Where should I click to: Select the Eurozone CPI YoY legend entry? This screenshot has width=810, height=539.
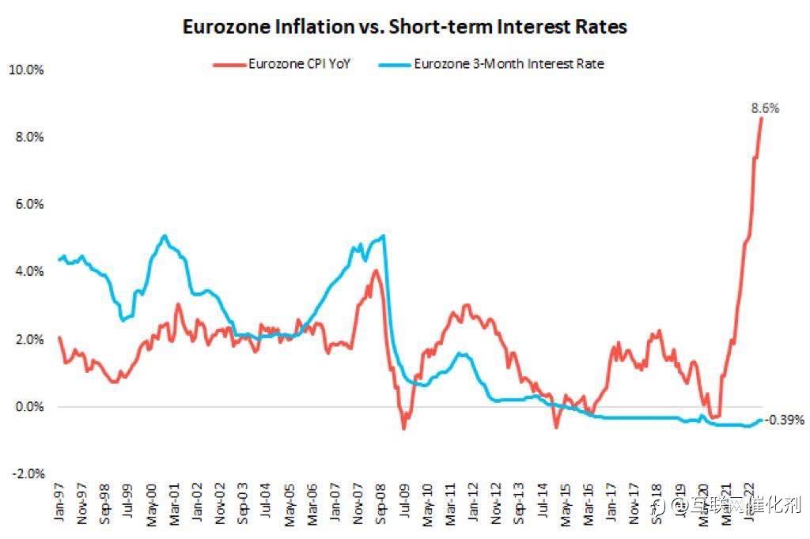(x=299, y=64)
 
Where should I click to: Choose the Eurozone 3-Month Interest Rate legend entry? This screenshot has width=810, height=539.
(x=509, y=64)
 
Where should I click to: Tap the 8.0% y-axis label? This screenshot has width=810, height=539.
(x=28, y=138)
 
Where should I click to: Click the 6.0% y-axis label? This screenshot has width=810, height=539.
(x=28, y=205)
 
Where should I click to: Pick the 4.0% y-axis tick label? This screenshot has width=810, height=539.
(x=28, y=272)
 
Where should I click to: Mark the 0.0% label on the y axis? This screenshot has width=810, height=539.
(x=28, y=407)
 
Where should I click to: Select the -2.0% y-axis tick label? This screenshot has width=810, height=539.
(x=26, y=474)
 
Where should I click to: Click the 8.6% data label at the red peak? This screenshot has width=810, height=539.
(x=765, y=108)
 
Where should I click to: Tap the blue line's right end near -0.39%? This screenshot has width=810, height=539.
(x=761, y=420)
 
